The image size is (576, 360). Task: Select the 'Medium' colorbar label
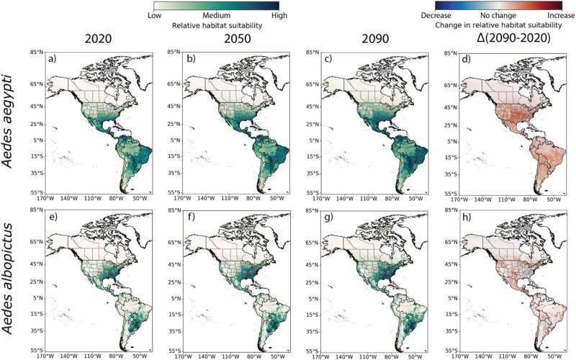pos(216,14)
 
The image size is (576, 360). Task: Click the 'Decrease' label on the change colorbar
pos(436,14)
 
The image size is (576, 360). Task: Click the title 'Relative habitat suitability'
pos(215,24)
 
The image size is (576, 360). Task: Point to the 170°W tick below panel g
pos(318,355)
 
